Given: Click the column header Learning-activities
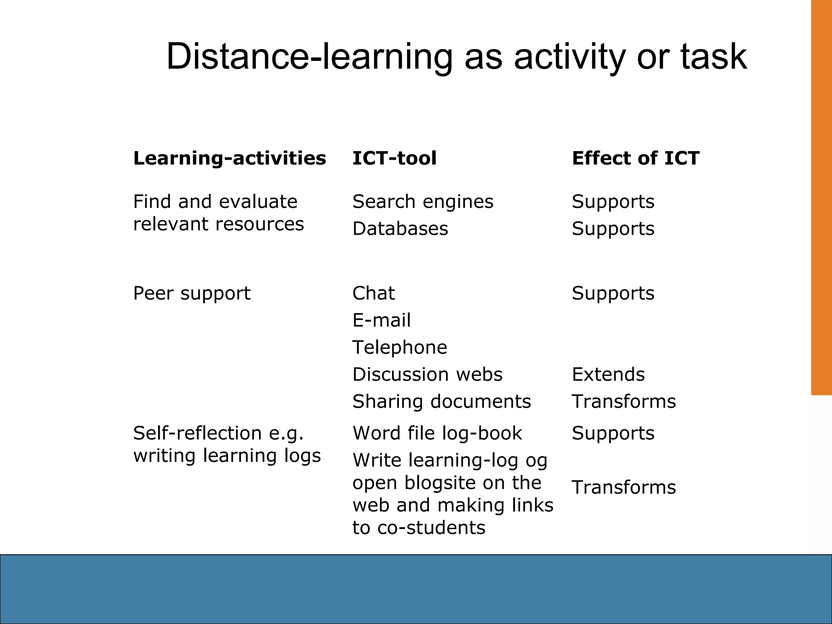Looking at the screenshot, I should (230, 158).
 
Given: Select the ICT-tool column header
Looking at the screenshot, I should (394, 158).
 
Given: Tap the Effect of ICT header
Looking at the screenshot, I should (635, 158).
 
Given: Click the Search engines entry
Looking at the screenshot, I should (422, 202).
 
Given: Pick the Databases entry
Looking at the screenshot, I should (400, 229).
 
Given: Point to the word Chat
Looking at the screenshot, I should (373, 293).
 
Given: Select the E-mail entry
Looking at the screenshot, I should (381, 320).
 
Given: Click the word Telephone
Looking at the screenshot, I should (400, 347).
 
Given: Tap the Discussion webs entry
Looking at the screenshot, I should (427, 374).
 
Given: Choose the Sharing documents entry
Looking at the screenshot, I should (442, 401).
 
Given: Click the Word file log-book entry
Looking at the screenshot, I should (437, 433).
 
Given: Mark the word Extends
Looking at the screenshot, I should (608, 374).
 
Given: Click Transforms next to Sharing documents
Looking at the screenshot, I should (624, 401).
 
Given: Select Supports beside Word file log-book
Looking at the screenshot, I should (613, 433).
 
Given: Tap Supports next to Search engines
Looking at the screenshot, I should (613, 202).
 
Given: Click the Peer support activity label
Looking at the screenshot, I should (192, 293).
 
